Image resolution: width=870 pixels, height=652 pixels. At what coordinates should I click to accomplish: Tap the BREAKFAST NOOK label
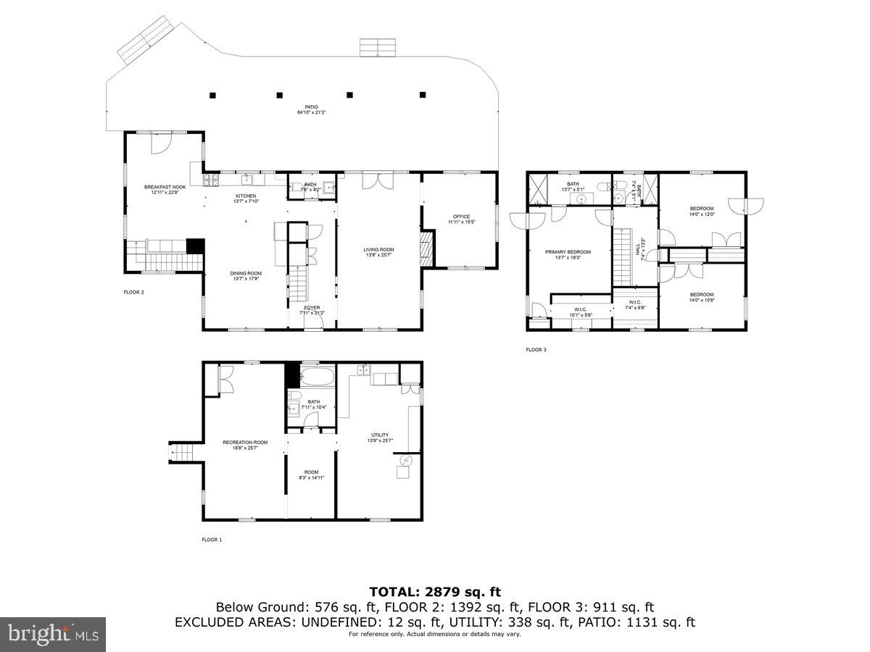coord(165,187)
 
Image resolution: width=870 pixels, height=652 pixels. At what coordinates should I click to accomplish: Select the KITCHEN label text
coord(245,196)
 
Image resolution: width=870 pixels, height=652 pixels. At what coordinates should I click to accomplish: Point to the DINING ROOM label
coord(245,273)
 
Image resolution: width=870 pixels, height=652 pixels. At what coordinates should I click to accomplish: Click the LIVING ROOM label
coord(378,250)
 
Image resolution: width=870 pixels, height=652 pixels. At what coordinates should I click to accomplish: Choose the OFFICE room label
coord(461,217)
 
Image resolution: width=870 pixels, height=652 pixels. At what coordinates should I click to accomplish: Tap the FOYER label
coord(312,308)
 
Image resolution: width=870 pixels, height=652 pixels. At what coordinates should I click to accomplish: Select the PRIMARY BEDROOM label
coord(568,252)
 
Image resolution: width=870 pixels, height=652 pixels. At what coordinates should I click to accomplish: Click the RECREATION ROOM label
coord(245,443)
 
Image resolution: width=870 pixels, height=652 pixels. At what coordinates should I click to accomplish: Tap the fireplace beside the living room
coord(428,250)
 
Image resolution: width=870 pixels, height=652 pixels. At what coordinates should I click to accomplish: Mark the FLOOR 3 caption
coord(536,350)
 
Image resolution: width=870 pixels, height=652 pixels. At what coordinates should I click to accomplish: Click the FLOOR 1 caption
coord(212,540)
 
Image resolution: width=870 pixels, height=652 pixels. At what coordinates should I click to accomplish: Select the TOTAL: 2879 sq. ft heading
coord(435,592)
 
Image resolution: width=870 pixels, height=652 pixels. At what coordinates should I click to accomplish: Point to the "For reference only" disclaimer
coord(435,635)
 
